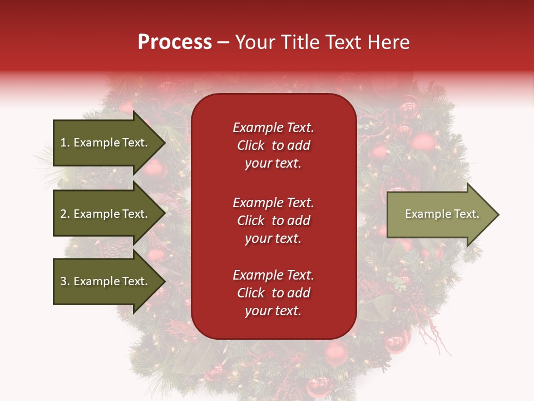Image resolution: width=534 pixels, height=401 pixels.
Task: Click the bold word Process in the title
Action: [x=175, y=42]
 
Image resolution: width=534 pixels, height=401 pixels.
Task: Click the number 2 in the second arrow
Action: [x=63, y=214]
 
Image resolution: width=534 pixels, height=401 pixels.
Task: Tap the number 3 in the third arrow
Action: [x=63, y=281]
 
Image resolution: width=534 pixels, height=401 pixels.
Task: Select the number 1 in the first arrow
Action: [x=63, y=143]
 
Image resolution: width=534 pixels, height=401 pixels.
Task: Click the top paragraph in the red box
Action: [x=273, y=145]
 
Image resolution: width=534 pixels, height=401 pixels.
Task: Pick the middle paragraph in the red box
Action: [x=273, y=221]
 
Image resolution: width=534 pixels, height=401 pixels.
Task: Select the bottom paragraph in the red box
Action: [x=273, y=293]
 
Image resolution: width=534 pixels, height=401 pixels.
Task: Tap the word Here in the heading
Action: [x=389, y=42]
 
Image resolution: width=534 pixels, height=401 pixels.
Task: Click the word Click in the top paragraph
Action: [x=250, y=145]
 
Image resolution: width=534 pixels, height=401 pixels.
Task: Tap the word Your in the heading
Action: [x=254, y=42]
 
